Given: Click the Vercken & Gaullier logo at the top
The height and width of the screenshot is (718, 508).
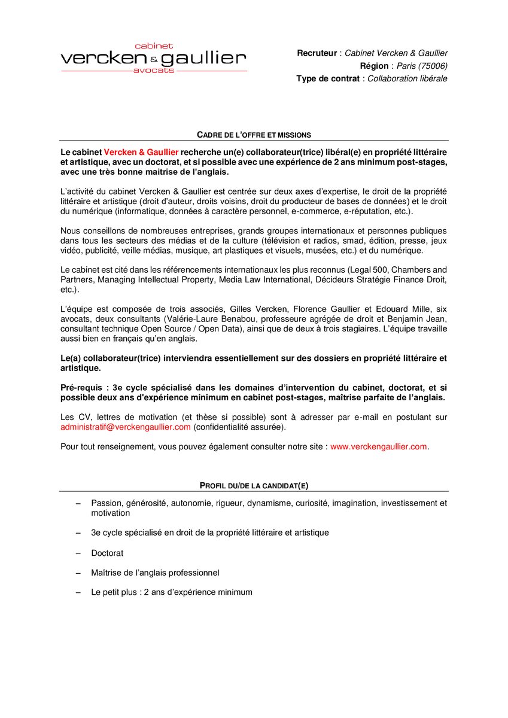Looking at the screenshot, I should coord(154,58).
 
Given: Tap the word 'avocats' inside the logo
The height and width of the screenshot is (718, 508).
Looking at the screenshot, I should coord(154,71).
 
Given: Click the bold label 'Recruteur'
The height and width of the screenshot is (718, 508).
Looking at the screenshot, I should coord(317,53).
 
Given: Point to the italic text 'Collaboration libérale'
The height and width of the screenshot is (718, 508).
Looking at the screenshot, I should coord(407,78).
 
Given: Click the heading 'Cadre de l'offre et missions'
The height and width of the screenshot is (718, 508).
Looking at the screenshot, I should coord(254,135).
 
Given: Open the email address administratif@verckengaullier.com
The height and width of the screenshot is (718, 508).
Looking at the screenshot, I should coord(126,427).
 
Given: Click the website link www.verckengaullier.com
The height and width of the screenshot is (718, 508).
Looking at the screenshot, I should coord(379,446).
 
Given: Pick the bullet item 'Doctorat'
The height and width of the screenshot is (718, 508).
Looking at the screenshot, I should coord(107,553).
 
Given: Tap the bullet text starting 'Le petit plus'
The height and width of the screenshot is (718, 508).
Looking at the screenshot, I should coord(172,592).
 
